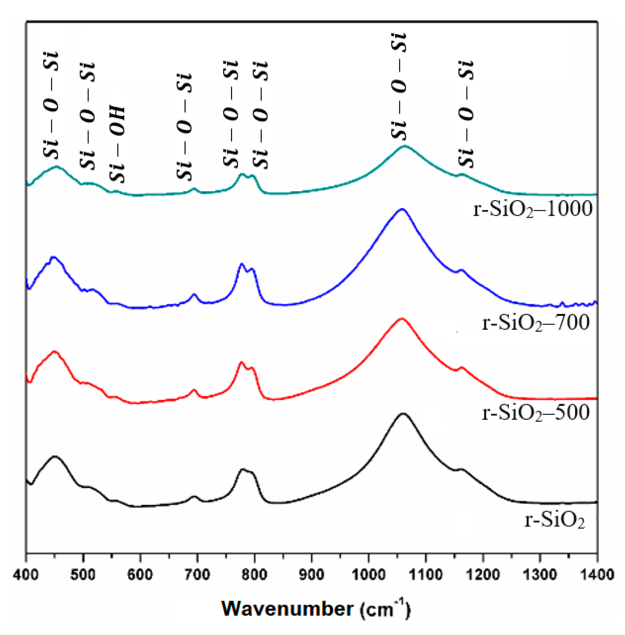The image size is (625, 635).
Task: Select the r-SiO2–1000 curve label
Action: pyautogui.click(x=533, y=209)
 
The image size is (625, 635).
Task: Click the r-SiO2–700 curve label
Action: pyautogui.click(x=536, y=323)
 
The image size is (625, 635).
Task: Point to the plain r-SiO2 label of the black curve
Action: pyautogui.click(x=554, y=519)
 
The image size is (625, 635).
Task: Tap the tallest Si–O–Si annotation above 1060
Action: pyautogui.click(x=399, y=86)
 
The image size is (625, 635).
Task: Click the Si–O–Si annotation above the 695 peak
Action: pyautogui.click(x=184, y=126)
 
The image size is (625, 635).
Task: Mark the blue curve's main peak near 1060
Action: pyautogui.click(x=401, y=209)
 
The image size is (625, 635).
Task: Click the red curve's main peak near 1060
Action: pyautogui.click(x=401, y=319)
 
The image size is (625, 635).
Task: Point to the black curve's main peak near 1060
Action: pyautogui.click(x=403, y=414)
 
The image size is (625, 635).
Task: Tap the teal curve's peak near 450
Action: pyautogui.click(x=57, y=167)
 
